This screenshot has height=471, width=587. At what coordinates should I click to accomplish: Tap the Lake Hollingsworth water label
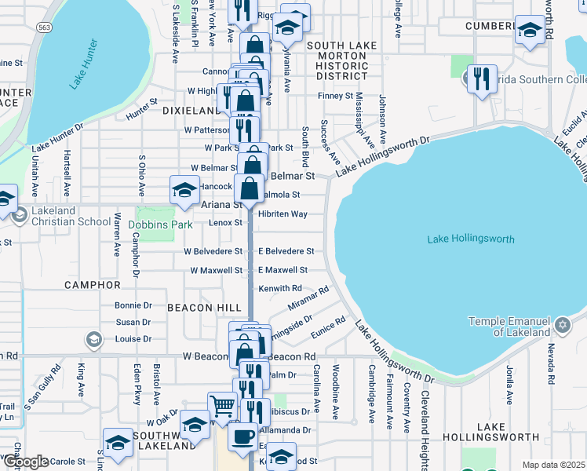[x=471, y=239]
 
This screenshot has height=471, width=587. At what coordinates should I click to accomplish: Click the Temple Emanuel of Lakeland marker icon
[x=562, y=324]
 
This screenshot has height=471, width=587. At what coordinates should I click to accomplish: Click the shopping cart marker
[x=222, y=406]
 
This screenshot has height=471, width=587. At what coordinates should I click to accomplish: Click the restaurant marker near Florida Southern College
[x=482, y=78]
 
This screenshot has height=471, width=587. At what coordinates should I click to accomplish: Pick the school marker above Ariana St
[x=185, y=190]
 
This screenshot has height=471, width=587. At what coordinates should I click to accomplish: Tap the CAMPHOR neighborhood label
[x=93, y=285]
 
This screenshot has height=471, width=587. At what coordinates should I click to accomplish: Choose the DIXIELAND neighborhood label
[x=189, y=111]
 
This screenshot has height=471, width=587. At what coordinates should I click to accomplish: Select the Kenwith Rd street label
[x=280, y=288]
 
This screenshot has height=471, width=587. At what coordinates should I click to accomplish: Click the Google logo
[x=25, y=462]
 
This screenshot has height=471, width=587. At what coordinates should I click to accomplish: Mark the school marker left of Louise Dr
[x=94, y=339]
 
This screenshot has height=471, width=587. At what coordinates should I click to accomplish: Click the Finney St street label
[x=336, y=96]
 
